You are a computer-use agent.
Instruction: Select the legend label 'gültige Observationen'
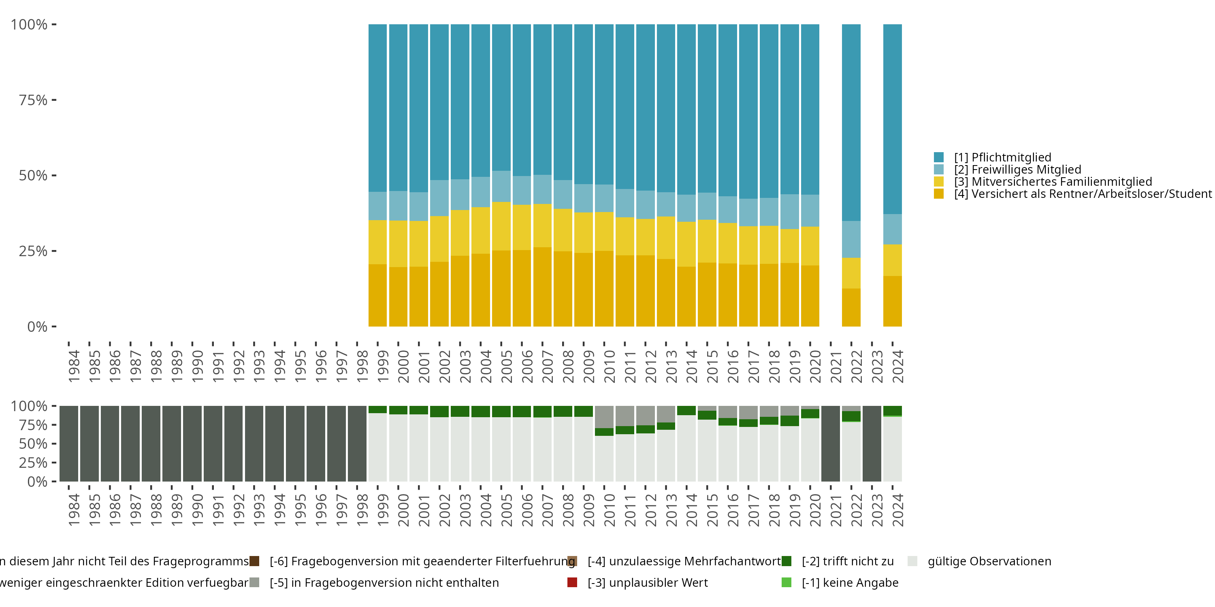click(x=989, y=561)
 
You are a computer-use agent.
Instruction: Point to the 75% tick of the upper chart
click(x=33, y=100)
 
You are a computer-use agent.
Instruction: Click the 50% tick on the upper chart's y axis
click(x=33, y=176)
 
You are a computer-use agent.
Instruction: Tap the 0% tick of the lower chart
click(x=37, y=482)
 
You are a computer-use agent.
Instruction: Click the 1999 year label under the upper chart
click(x=383, y=366)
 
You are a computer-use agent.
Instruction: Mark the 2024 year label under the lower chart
click(x=897, y=510)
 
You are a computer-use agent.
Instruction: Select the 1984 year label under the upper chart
click(x=74, y=366)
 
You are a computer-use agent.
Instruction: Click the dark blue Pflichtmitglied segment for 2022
click(x=851, y=123)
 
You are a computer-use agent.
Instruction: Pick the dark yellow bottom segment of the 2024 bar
click(x=892, y=301)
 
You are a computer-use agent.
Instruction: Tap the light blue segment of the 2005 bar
click(x=501, y=186)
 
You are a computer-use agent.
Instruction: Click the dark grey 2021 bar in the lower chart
click(x=830, y=444)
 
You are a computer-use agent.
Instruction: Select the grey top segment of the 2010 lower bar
click(x=604, y=417)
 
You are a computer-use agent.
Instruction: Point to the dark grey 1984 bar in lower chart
click(x=69, y=444)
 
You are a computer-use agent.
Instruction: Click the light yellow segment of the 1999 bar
click(x=377, y=242)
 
